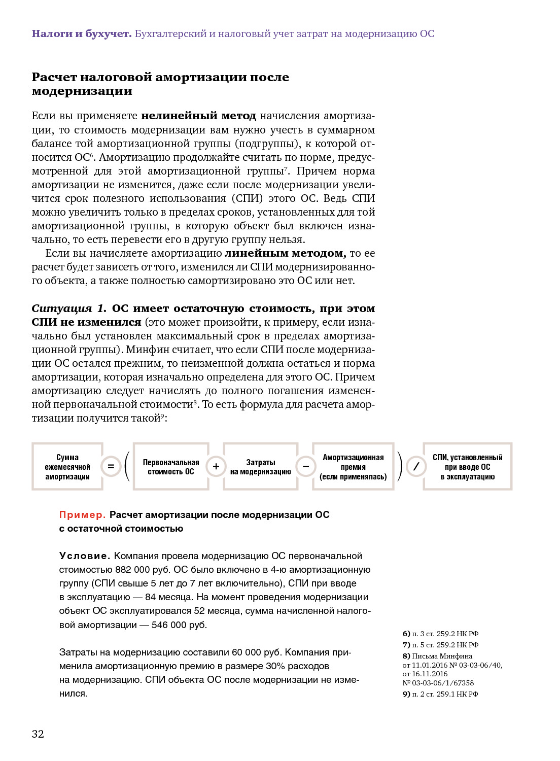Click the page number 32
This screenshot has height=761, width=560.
click(x=38, y=734)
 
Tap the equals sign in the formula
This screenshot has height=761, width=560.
click(x=111, y=466)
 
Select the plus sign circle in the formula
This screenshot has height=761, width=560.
click(x=216, y=466)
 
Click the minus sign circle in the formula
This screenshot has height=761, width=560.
click(x=306, y=466)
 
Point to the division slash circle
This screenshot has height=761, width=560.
click(x=416, y=466)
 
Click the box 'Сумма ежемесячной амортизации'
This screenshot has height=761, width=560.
click(x=67, y=467)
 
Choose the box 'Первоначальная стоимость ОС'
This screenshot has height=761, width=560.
click(x=171, y=467)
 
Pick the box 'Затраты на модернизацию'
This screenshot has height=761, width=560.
click(x=261, y=467)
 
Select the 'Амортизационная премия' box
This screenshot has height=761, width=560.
click(x=353, y=467)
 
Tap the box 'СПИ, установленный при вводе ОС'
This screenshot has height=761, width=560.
click(x=468, y=467)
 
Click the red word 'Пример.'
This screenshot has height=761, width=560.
click(x=82, y=515)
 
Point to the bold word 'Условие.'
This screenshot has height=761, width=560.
click(x=85, y=556)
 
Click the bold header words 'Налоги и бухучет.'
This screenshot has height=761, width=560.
click(x=81, y=34)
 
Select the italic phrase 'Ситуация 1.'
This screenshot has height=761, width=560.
click(x=69, y=308)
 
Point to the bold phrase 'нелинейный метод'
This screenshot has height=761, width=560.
click(x=198, y=116)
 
